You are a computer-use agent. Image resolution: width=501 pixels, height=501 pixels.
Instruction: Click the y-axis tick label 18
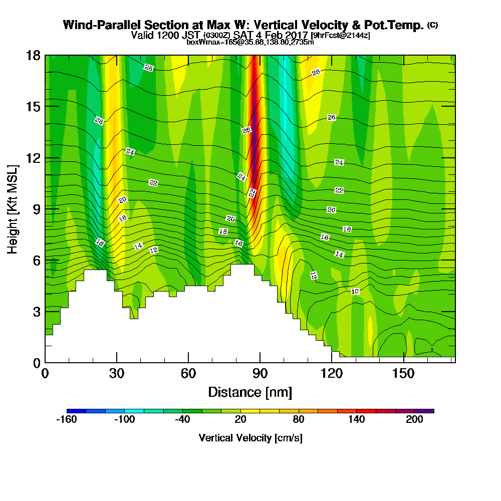(33, 55)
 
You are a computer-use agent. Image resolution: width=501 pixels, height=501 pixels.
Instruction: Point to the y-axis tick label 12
(33, 158)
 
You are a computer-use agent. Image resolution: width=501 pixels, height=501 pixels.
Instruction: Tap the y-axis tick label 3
(36, 312)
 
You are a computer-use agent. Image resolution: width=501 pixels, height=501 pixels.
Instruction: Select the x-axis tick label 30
(117, 373)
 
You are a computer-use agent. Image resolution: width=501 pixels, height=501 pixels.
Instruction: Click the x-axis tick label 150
(403, 373)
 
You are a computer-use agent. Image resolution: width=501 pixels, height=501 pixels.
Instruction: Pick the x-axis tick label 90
(260, 373)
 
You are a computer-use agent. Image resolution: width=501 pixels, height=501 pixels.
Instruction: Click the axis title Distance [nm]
(250, 392)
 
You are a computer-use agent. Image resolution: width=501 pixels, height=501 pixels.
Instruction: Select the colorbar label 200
(415, 420)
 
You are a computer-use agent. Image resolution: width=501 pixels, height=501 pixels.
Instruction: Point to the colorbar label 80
(299, 420)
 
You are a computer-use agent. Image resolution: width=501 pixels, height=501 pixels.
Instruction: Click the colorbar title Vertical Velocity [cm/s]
(250, 438)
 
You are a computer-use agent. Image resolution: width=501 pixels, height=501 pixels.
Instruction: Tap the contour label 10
(355, 291)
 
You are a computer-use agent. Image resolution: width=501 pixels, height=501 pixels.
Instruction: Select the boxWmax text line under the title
(250, 42)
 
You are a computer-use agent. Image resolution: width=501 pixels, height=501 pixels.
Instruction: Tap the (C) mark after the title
(432, 25)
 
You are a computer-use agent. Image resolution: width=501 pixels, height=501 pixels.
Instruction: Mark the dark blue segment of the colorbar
(76, 411)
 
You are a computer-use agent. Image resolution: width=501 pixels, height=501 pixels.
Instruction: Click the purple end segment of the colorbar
(424, 411)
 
